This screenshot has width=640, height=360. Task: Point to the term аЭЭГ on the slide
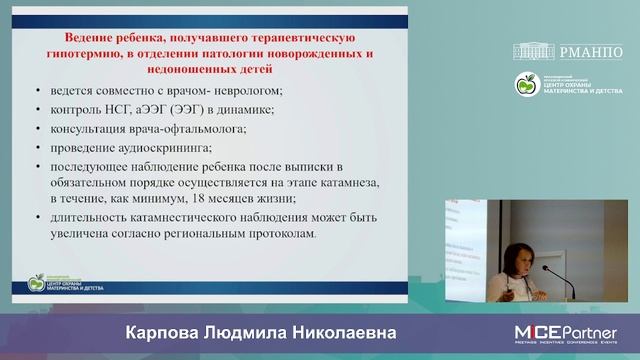click(x=156, y=108)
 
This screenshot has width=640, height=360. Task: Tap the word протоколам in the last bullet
click(x=278, y=234)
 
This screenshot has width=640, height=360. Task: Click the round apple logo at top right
click(x=526, y=85)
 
